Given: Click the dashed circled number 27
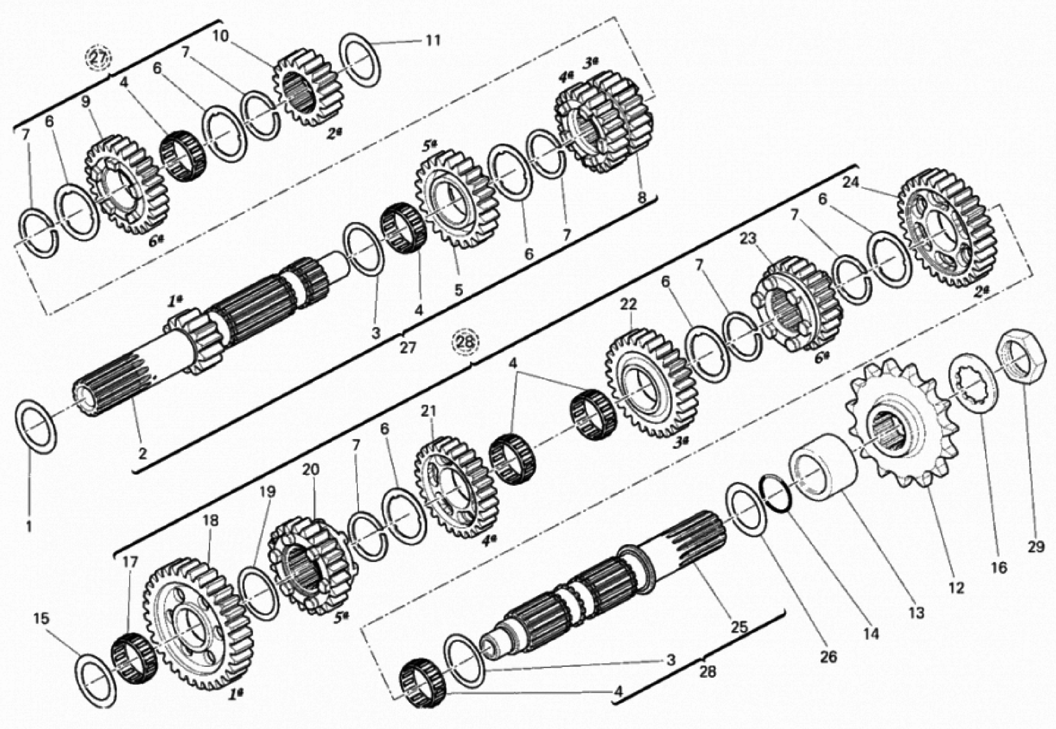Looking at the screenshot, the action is coord(99,58).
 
